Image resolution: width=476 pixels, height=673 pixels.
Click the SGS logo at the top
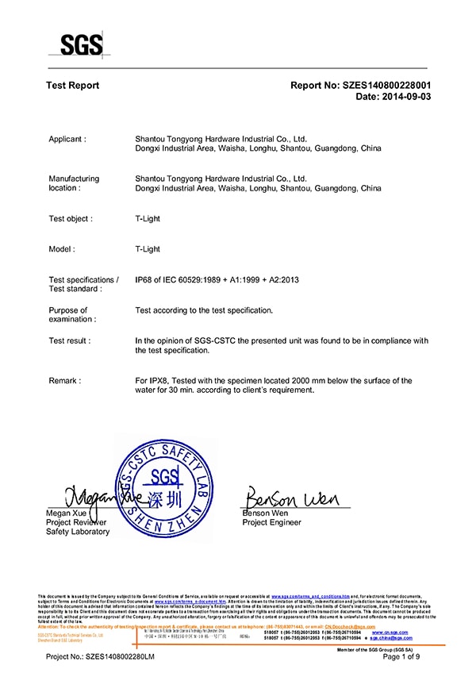pyautogui.click(x=81, y=43)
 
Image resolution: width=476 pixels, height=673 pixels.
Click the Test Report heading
pyautogui.click(x=73, y=85)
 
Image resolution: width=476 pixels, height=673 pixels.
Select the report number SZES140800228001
pyautogui.click(x=384, y=85)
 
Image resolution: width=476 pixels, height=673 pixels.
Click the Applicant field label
pyautogui.click(x=67, y=139)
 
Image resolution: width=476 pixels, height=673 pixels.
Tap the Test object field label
pyautogui.click(x=71, y=218)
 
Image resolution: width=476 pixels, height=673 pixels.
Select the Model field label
pyautogui.click(x=62, y=249)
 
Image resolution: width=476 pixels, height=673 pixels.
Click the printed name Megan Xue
pyautogui.click(x=68, y=513)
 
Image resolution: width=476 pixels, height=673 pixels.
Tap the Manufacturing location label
pyautogui.click(x=74, y=183)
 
